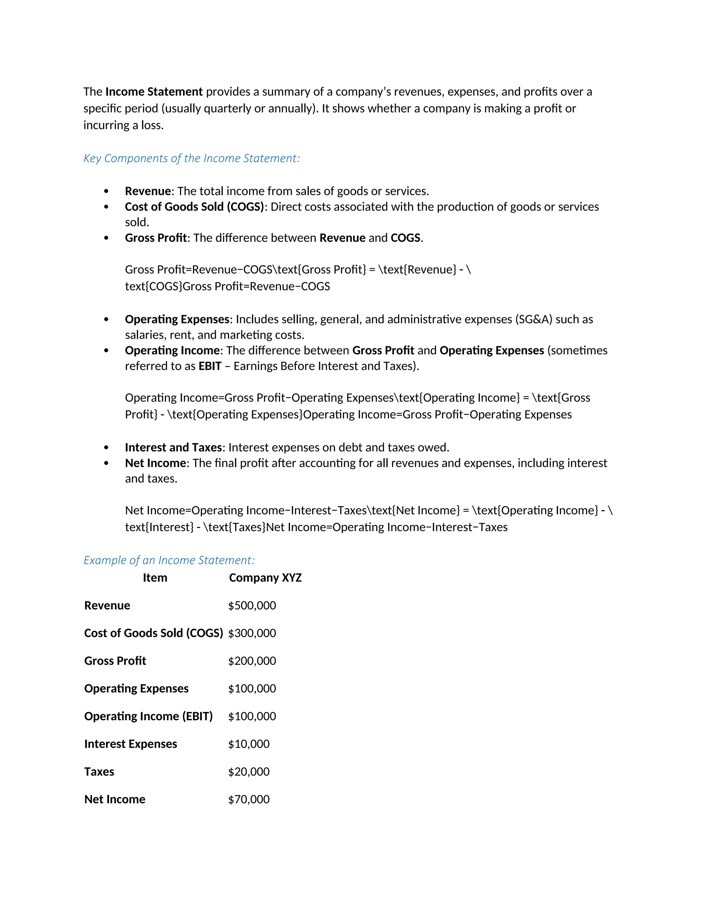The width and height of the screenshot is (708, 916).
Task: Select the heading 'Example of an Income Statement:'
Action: point(169,560)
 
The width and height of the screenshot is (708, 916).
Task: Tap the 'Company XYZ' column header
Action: point(265,578)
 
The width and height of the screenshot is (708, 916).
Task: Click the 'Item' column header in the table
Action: point(155,578)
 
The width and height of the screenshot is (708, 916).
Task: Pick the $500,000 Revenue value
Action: point(252,605)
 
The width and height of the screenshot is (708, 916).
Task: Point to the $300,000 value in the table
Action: point(252,633)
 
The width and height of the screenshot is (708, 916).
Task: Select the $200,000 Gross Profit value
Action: point(252,661)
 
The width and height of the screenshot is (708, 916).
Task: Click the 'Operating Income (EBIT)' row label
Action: point(148,716)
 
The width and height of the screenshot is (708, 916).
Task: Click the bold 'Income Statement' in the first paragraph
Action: point(154,92)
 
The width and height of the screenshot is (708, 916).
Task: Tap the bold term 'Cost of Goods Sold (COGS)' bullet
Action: point(194,207)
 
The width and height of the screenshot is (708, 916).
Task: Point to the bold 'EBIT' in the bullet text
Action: point(210,366)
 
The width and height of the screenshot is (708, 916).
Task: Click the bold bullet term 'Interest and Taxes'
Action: point(173,448)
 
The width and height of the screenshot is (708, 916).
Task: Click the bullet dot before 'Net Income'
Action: point(106,463)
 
